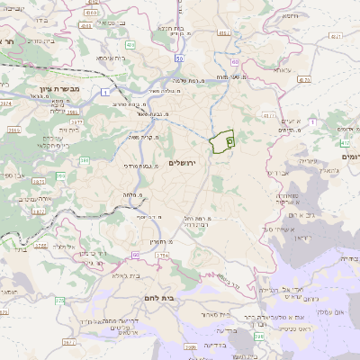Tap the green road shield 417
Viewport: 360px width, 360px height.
344,142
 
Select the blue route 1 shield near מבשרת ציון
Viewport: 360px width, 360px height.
105,93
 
